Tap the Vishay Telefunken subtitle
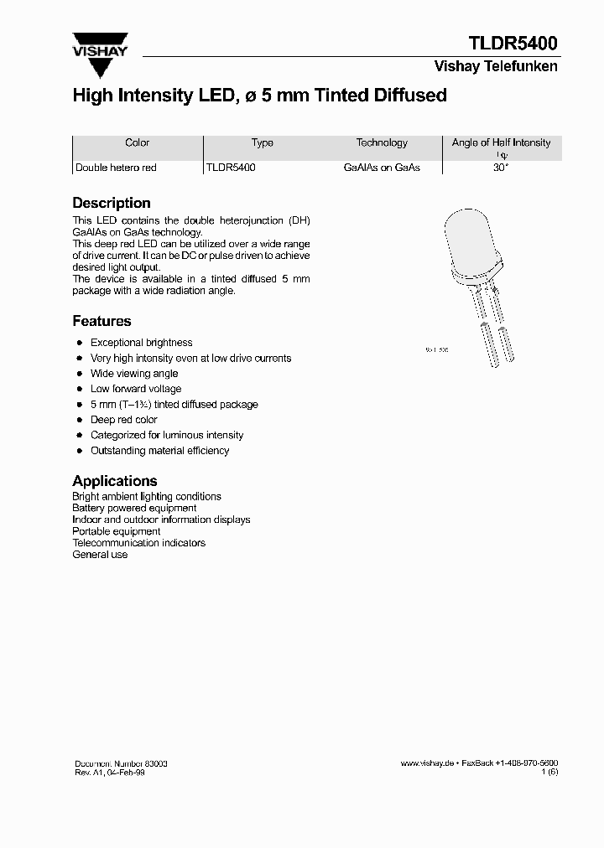495,66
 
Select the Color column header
137,143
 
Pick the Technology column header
382,143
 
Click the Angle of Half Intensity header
501,143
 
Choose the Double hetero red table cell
116,168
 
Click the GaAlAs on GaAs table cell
382,168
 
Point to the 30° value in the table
501,168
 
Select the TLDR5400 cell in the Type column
231,168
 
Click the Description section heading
112,203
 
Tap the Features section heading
102,321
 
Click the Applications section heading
115,481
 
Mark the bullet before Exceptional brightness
79,343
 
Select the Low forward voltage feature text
136,389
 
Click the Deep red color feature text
124,420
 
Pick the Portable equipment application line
117,531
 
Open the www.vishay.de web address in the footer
427,764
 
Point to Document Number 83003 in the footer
120,764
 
